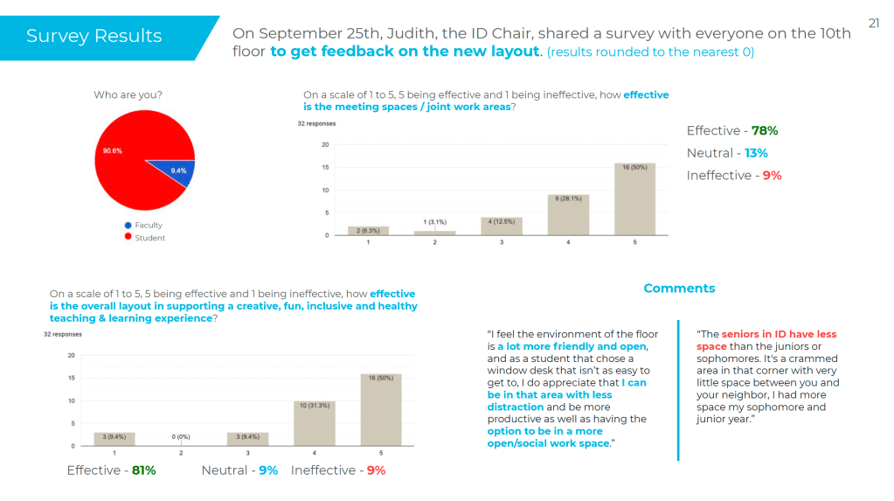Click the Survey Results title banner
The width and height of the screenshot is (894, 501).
[x=94, y=36]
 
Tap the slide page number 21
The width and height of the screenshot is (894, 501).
[x=874, y=24]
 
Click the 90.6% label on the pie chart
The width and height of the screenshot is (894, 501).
[x=112, y=151]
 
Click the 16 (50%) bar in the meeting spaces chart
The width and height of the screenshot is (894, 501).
[x=634, y=199]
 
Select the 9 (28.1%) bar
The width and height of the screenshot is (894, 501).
[x=568, y=215]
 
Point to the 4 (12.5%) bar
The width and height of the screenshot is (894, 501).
[x=502, y=226]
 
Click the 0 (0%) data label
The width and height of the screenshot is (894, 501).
[x=181, y=435]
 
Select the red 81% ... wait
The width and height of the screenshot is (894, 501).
[x=143, y=470]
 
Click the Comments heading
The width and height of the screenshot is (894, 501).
[x=679, y=289]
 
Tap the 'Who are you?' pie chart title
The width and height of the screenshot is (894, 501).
[x=128, y=94]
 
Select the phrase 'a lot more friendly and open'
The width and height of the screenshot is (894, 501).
[x=572, y=346]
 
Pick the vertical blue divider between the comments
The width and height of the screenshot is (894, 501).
[x=678, y=389]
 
